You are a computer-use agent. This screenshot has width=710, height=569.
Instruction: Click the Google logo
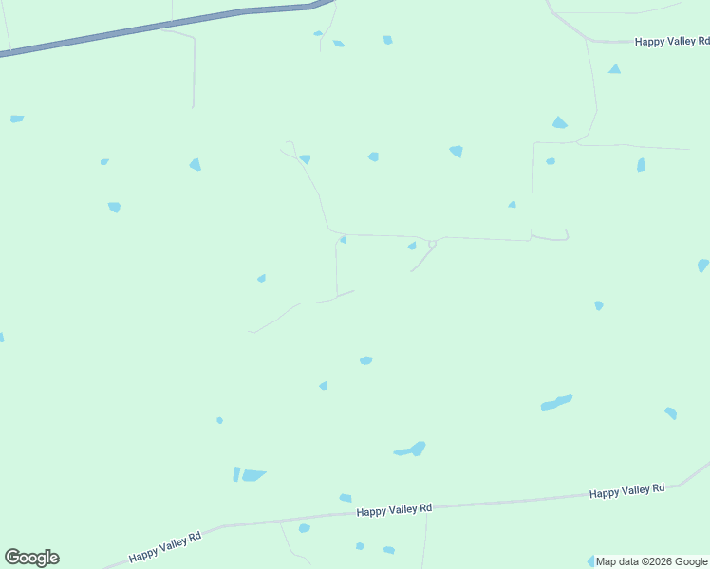[x=32, y=558]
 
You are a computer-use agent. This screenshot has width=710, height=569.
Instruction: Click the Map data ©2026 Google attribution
[x=651, y=561]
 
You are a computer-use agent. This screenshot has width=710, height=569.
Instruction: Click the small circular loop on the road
[x=432, y=244]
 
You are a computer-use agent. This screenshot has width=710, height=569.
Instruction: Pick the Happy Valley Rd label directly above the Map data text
[x=626, y=491]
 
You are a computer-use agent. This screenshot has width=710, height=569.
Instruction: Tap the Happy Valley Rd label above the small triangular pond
[x=672, y=42]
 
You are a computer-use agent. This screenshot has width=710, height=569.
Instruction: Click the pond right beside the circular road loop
[x=412, y=247]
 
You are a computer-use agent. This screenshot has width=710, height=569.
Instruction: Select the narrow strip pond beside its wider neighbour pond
[x=236, y=474]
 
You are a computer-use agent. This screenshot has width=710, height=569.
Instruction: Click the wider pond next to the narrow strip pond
[x=253, y=475]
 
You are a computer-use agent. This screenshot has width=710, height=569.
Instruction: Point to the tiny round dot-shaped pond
[x=219, y=420]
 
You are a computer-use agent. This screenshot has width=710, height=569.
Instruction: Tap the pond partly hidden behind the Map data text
[x=591, y=561]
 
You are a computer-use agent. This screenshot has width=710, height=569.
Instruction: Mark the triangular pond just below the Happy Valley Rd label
[x=614, y=69]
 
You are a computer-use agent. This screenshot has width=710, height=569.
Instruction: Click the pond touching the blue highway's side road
[x=318, y=34]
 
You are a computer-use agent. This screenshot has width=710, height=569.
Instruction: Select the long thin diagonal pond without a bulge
[x=556, y=403]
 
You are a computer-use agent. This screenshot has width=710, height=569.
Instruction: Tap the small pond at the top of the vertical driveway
[x=343, y=240]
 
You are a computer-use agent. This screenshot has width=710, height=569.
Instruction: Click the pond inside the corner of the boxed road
[x=550, y=161]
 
